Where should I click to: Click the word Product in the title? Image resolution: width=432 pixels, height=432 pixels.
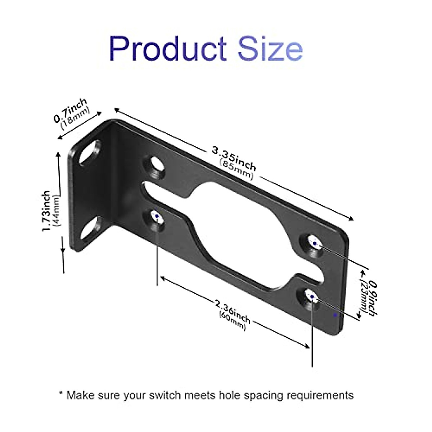[x=167, y=49]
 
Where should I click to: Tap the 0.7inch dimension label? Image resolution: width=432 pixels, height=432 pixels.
[x=70, y=110]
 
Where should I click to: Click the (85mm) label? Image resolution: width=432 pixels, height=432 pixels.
[x=236, y=169]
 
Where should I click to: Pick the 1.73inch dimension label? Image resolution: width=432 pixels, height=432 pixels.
[x=46, y=211]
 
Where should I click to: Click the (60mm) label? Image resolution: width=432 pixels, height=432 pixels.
[x=232, y=320]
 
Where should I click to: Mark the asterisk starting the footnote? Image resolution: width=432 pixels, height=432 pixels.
[x=60, y=393]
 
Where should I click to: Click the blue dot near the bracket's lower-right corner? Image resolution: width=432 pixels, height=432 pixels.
[x=336, y=315]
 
